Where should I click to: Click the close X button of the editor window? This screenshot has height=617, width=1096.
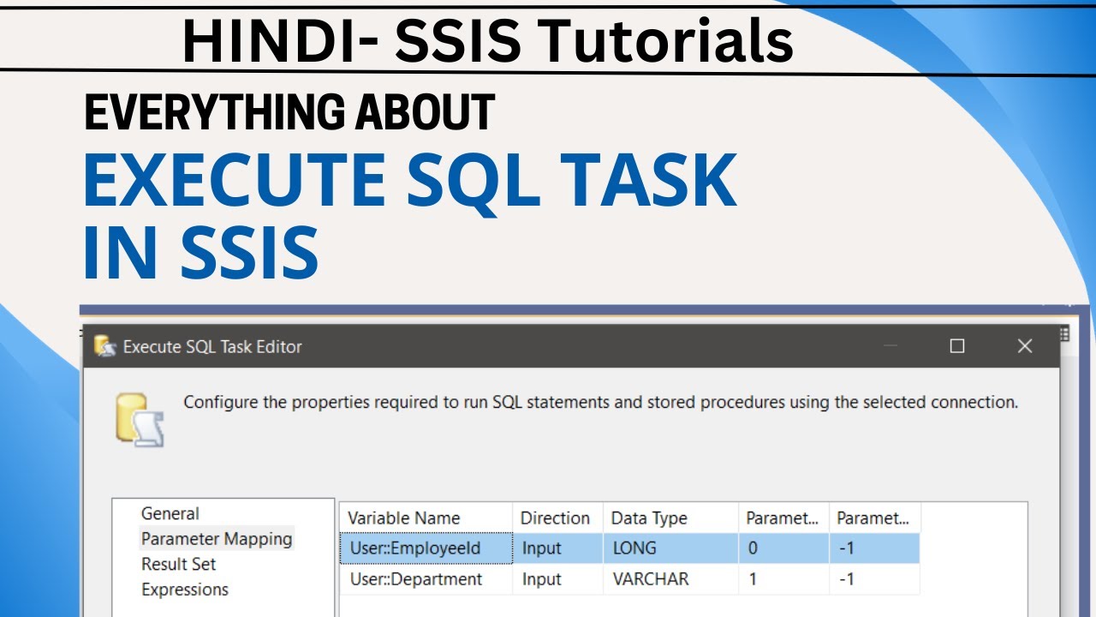1024,346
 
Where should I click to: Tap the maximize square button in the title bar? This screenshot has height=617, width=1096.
957,346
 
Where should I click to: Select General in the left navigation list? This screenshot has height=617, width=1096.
170,513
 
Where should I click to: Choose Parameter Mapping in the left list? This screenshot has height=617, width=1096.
217,539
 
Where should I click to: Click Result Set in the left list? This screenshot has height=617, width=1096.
178,564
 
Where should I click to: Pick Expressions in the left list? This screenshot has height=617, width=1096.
185,590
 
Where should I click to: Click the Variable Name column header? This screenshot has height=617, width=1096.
403,518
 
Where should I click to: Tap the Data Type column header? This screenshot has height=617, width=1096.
648,518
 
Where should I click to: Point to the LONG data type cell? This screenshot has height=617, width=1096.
634,548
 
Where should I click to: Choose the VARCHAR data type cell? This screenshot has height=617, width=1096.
650,579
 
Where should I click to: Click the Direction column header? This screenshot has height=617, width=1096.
555,518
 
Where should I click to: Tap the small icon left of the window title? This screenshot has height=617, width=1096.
104,346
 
